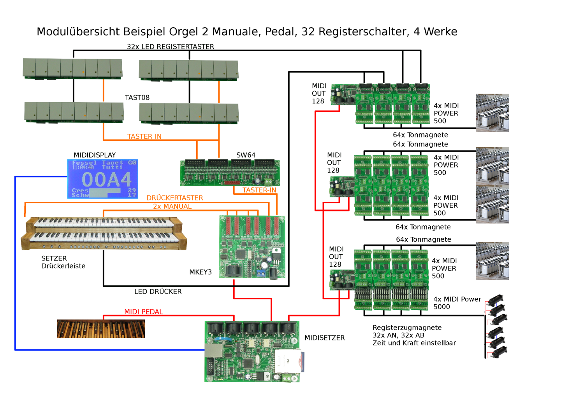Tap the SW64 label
(246, 155)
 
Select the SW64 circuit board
(230, 173)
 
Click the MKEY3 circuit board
(252, 247)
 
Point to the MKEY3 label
(201, 272)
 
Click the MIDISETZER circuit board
(252, 351)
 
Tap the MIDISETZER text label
(325, 338)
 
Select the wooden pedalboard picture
(101, 329)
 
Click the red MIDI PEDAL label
(144, 312)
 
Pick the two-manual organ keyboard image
(104, 234)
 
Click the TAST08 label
(137, 98)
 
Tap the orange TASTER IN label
(144, 136)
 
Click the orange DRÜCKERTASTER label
(175, 198)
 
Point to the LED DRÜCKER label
(158, 292)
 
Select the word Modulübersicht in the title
(78, 32)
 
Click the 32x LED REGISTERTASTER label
(171, 47)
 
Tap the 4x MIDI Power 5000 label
(457, 303)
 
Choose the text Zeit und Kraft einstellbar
(414, 343)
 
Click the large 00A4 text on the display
(107, 180)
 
